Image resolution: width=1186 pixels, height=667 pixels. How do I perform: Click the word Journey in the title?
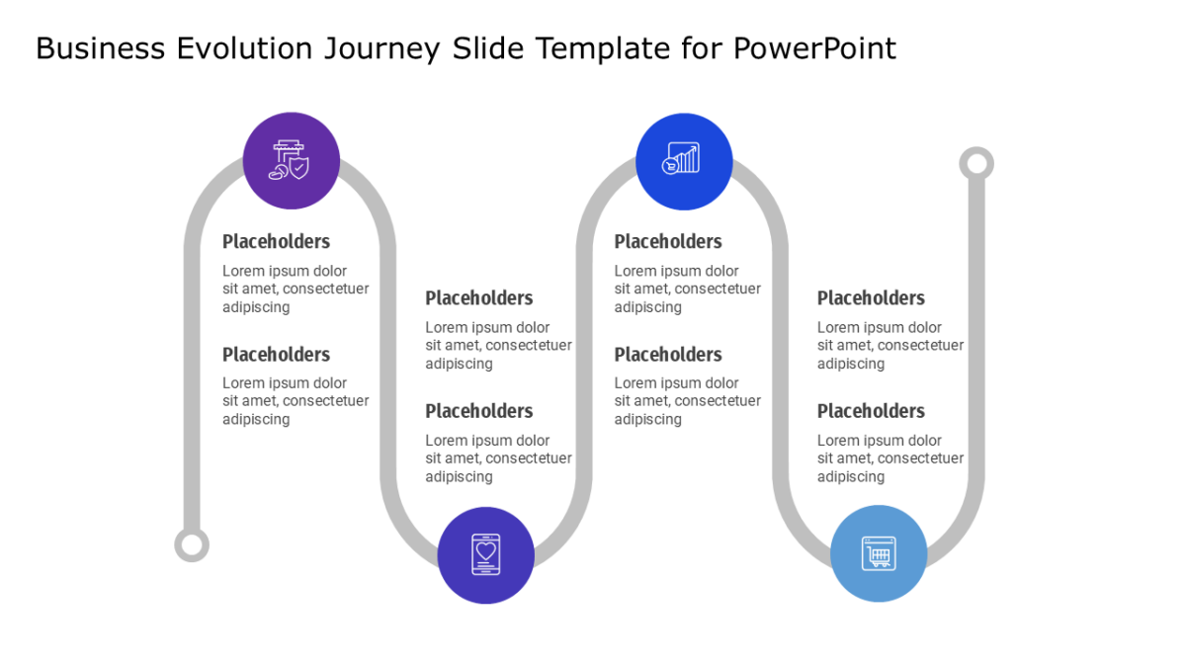tap(381, 49)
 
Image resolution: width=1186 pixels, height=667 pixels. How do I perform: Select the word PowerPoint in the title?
tap(814, 48)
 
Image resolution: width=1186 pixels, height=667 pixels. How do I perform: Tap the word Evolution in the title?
tap(244, 48)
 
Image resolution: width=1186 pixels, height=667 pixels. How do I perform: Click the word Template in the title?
tap(603, 49)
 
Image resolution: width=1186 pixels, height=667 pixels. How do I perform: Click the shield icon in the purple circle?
tap(289, 160)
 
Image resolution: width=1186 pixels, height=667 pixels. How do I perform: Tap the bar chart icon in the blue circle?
tap(681, 158)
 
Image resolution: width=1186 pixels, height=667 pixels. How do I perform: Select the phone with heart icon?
tap(486, 554)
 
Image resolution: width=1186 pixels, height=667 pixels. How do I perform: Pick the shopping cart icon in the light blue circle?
tap(879, 553)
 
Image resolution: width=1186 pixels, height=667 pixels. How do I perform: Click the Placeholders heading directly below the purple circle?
tap(276, 242)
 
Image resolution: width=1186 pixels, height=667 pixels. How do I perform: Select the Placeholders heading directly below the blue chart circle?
tap(668, 242)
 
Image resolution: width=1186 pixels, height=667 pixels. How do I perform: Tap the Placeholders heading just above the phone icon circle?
tap(478, 411)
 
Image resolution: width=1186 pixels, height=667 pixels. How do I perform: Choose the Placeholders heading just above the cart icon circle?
tap(871, 411)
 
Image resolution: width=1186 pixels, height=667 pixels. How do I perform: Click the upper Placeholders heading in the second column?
tap(478, 298)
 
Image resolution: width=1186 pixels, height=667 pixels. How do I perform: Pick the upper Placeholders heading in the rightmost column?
tap(871, 298)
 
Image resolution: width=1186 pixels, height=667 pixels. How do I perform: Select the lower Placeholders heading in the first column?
tap(276, 355)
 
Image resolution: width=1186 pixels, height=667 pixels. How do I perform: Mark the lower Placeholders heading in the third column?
tap(668, 355)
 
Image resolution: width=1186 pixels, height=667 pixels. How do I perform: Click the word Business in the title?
tap(100, 48)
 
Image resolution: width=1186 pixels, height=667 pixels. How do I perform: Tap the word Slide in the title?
tap(487, 48)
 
